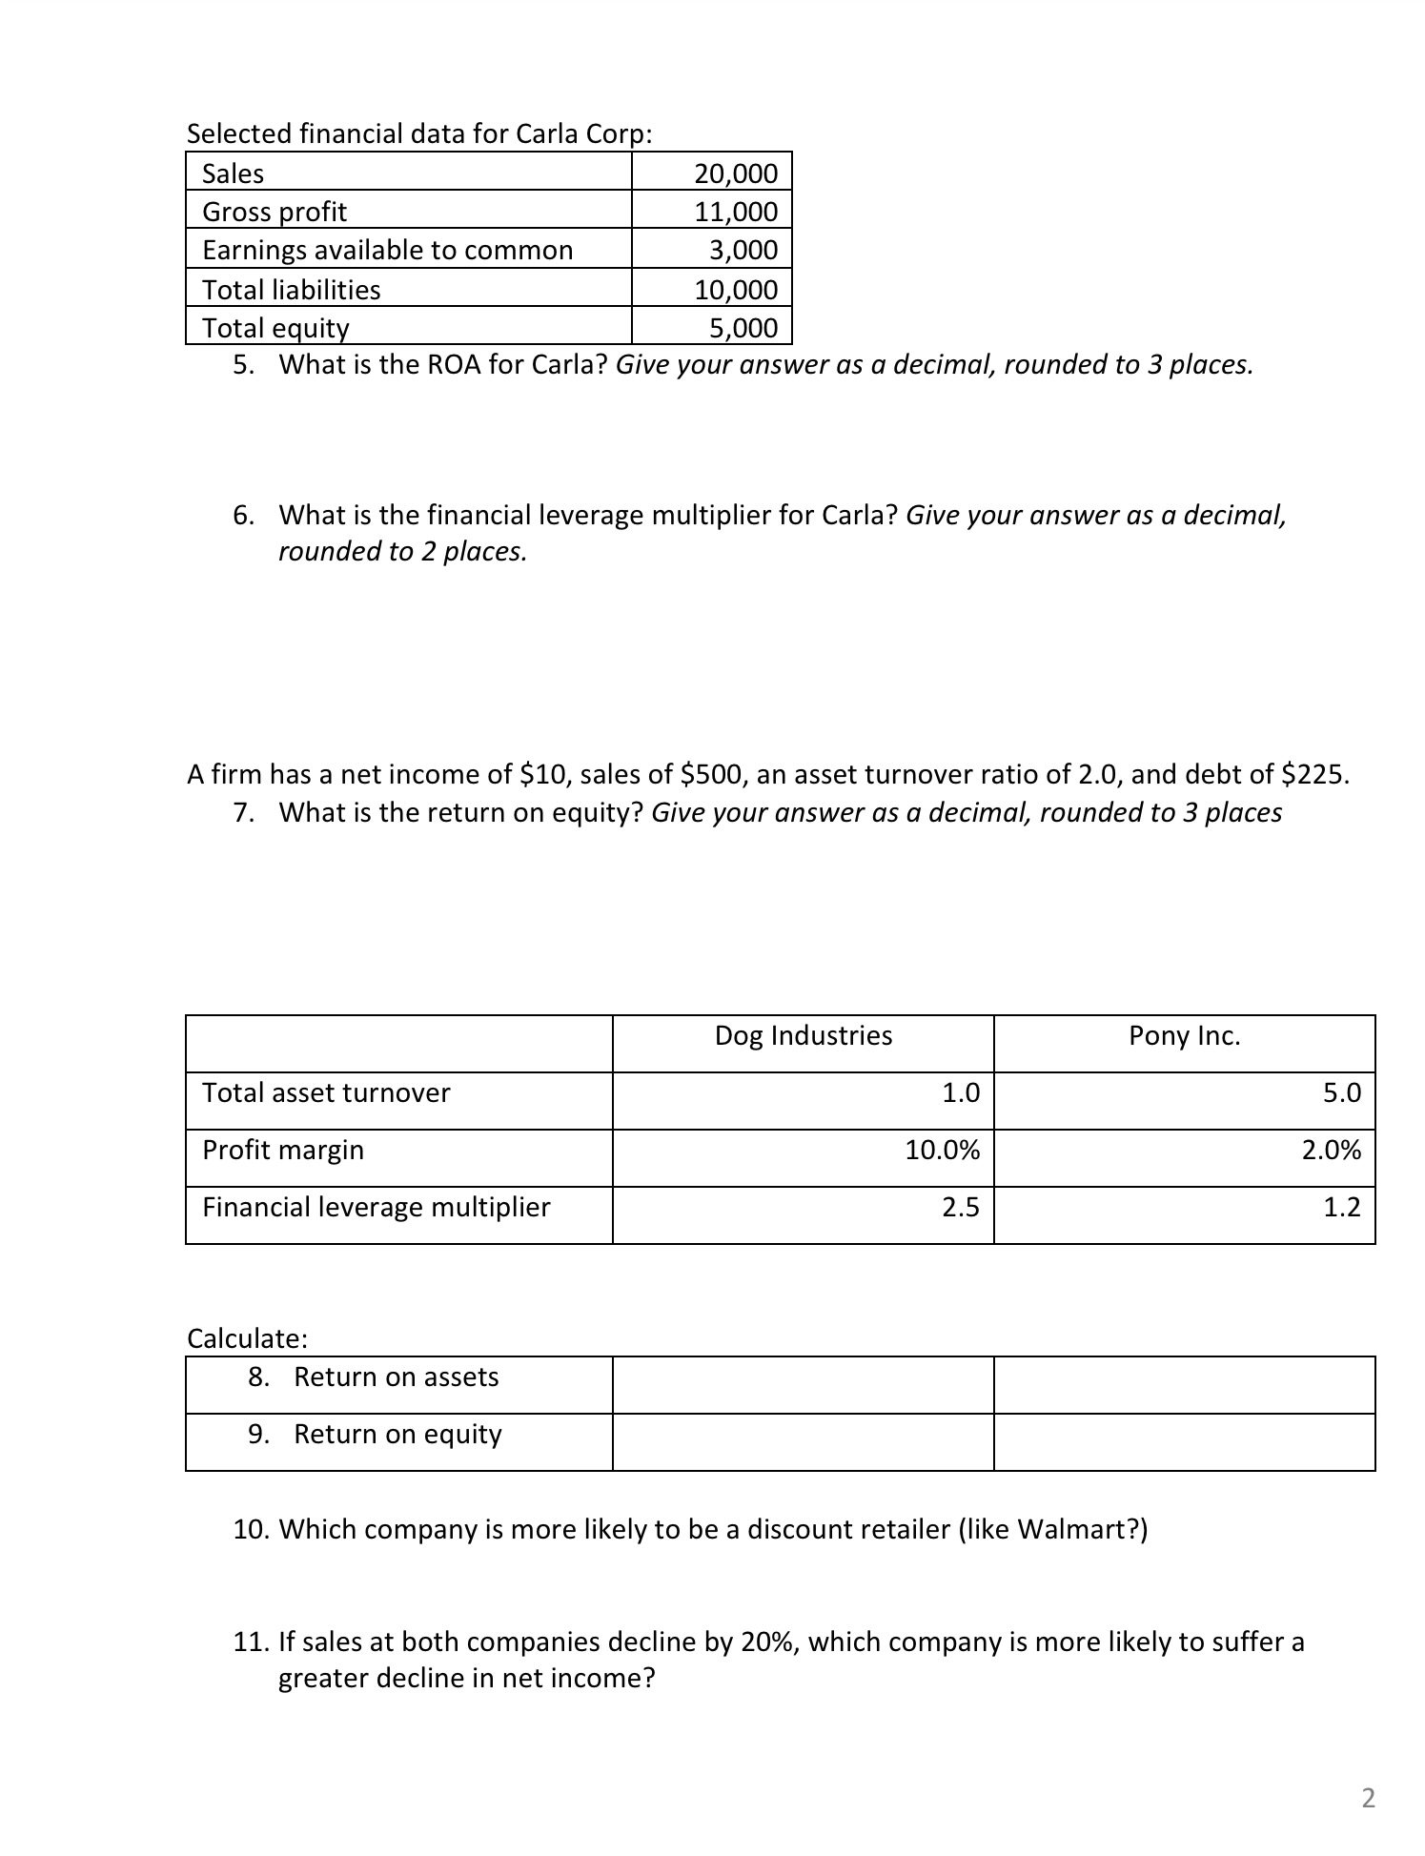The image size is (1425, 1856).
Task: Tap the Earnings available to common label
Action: (x=387, y=250)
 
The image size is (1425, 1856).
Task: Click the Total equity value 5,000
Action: (x=743, y=328)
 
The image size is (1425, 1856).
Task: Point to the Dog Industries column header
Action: (x=803, y=1036)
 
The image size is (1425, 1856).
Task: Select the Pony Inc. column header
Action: (x=1184, y=1036)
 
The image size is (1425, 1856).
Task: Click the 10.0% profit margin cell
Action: (x=942, y=1151)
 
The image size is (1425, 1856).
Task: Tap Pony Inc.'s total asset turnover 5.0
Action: (x=1341, y=1093)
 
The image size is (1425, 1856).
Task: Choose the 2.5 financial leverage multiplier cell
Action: (x=960, y=1208)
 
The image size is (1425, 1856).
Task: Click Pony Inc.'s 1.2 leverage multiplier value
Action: (x=1341, y=1208)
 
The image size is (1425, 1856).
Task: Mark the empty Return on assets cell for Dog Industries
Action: (x=803, y=1385)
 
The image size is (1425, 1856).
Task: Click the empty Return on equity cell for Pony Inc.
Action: (x=1184, y=1442)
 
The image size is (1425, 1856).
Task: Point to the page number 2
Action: (x=1368, y=1799)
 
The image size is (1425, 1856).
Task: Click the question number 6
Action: (x=243, y=516)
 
